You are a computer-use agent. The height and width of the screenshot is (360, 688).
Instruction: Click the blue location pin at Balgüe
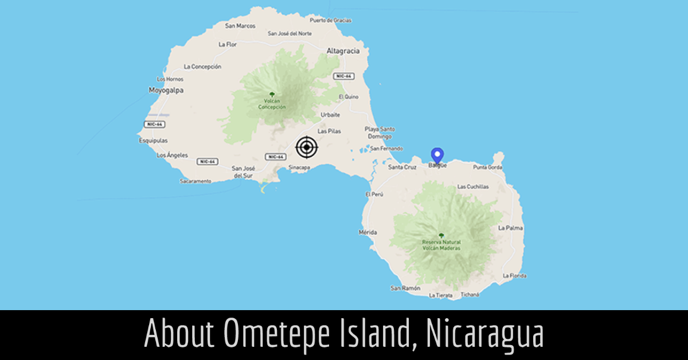tap(437, 155)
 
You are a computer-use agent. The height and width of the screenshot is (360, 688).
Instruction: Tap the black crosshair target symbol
tap(307, 147)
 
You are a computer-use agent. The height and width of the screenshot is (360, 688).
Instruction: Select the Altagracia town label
tap(343, 51)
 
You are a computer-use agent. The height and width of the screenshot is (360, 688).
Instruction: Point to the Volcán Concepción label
tap(271, 104)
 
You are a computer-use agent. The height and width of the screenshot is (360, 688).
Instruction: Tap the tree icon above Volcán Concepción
tap(271, 95)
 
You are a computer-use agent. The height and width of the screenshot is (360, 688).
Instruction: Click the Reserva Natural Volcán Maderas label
tap(441, 245)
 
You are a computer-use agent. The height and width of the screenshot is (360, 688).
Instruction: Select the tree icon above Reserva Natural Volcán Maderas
tap(441, 235)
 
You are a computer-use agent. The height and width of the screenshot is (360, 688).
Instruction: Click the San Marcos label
tap(240, 26)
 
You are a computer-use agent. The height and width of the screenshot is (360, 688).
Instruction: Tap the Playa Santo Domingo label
tap(379, 133)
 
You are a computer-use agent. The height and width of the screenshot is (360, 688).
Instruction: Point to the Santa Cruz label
tap(402, 167)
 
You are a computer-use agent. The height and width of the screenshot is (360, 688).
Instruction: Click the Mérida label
tap(368, 232)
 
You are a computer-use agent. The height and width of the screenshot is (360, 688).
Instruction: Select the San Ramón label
tap(405, 288)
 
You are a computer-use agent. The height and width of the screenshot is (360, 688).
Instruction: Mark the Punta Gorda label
tap(487, 167)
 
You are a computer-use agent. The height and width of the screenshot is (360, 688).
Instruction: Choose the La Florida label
tap(514, 276)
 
